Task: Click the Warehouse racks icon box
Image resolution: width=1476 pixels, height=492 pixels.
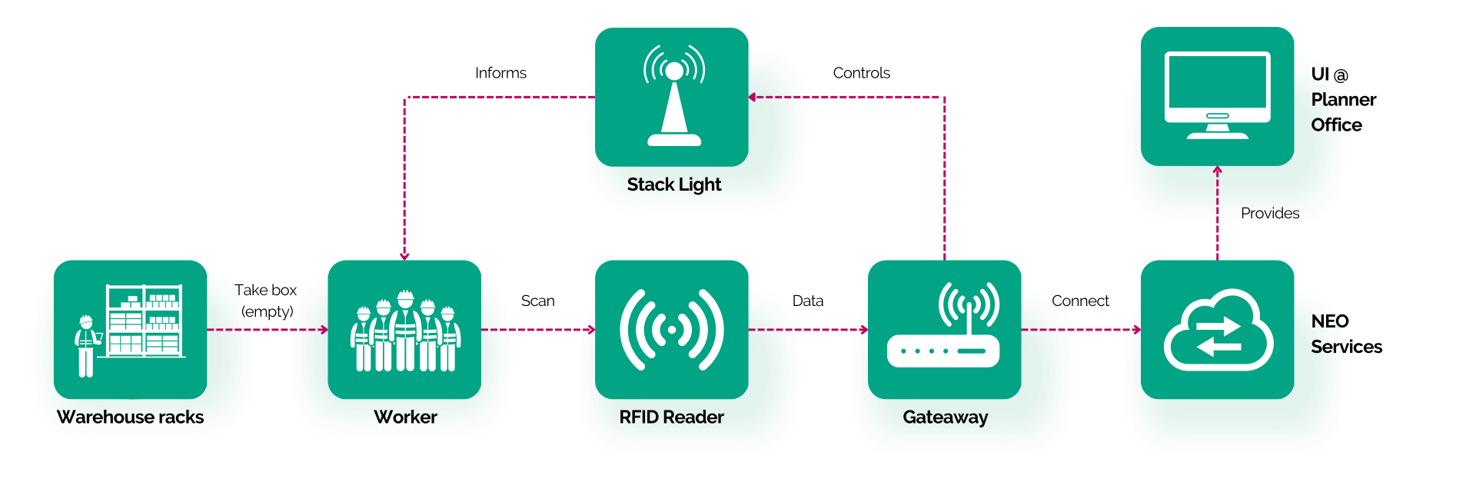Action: point(130,329)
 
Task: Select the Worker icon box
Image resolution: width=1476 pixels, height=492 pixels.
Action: point(404,329)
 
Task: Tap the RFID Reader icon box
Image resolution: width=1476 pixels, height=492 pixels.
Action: point(672,329)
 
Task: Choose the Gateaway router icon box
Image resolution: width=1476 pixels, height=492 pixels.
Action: point(945,329)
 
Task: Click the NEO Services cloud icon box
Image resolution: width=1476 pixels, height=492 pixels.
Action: point(1218,329)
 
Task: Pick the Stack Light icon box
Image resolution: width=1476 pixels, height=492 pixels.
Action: point(672,97)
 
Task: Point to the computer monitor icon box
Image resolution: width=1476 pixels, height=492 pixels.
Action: point(1218,96)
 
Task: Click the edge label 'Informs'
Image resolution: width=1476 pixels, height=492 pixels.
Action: point(500,73)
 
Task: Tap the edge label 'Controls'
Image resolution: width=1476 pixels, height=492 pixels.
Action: point(862,73)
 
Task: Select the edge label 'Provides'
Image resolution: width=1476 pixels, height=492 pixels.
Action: point(1270,213)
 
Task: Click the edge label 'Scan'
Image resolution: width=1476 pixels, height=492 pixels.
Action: point(538,301)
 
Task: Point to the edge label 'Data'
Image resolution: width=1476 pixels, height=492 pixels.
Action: point(808,301)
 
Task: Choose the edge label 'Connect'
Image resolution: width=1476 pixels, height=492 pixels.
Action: point(1080,301)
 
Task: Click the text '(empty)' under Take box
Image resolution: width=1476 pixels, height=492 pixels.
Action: point(268,311)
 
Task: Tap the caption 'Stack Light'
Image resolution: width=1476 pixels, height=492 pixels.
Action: point(674,184)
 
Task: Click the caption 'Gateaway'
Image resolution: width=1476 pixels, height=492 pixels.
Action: point(946,417)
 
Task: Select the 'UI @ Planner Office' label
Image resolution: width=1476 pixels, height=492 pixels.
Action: point(1344,99)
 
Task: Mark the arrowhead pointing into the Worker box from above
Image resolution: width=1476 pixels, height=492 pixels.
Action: point(404,256)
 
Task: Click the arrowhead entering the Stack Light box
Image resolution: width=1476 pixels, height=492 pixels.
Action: point(753,97)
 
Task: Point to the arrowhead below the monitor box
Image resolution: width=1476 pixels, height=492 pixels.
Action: point(1218,170)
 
